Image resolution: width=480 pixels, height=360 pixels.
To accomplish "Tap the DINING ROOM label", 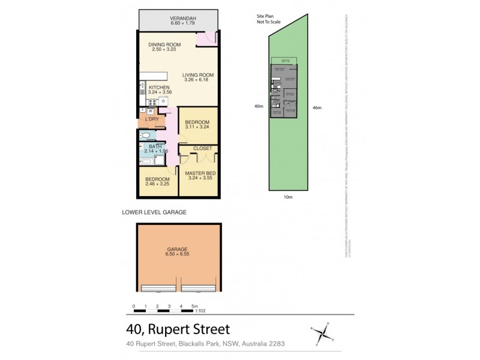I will pyautogui.click(x=165, y=44).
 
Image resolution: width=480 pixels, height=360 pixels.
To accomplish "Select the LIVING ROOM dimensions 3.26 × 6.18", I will pyautogui.click(x=197, y=80).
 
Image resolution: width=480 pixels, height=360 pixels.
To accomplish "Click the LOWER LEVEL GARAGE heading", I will pyautogui.click(x=155, y=212).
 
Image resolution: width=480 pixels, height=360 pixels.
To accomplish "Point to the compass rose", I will pyautogui.click(x=324, y=331).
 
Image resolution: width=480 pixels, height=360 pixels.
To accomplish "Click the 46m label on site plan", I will pyautogui.click(x=317, y=107).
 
